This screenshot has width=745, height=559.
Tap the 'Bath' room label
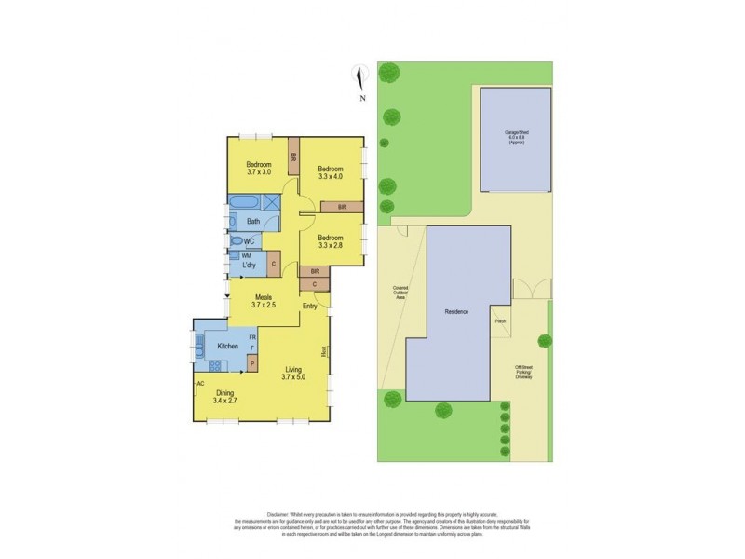253,221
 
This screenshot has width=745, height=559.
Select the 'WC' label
249,241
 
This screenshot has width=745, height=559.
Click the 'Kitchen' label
227,347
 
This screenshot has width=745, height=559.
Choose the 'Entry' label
310,306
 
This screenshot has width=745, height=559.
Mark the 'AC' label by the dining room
200,383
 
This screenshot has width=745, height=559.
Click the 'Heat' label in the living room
324,351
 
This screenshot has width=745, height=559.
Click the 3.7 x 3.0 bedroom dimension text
258,172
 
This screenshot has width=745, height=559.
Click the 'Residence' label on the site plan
456,311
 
